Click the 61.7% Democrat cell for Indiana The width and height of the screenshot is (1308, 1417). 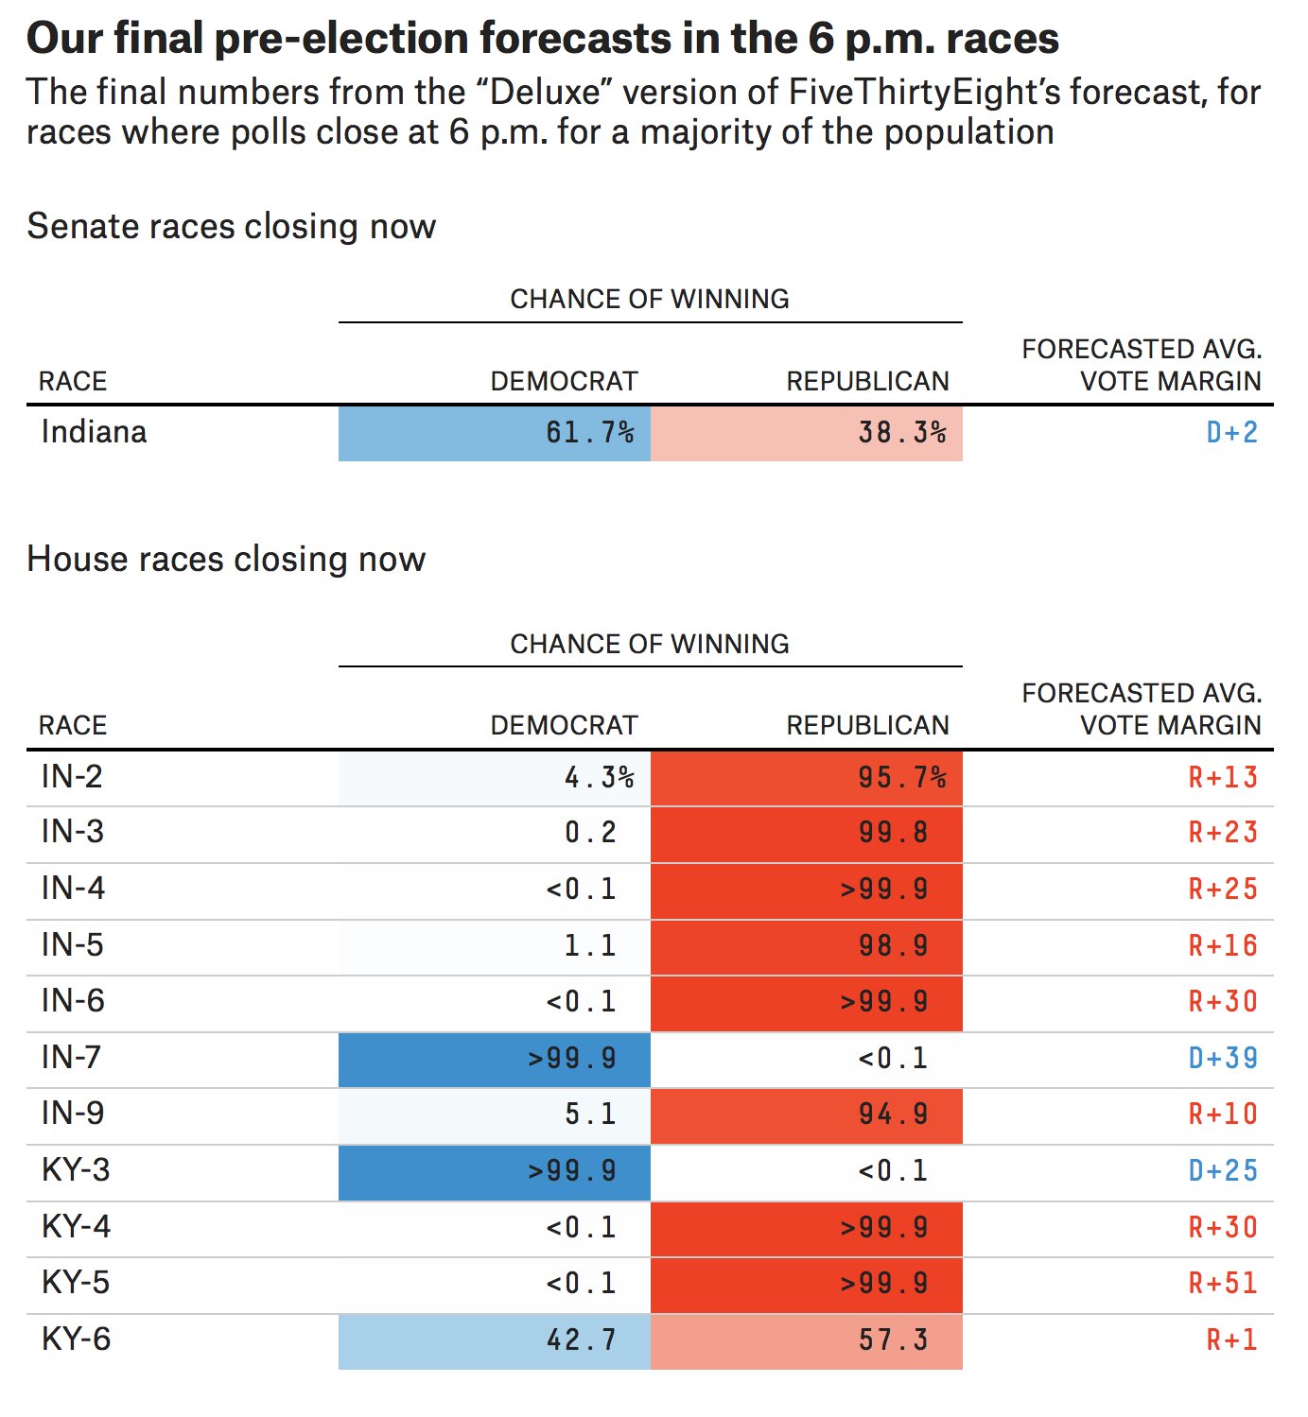point(495,433)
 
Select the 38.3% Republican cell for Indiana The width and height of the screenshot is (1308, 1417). point(807,433)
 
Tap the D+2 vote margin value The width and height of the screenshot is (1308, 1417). point(1231,433)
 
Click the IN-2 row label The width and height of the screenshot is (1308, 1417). point(72,777)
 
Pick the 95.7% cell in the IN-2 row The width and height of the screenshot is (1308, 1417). point(807,778)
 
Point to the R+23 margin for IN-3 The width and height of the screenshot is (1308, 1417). point(1223,833)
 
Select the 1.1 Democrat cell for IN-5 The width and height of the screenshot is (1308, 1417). point(495,945)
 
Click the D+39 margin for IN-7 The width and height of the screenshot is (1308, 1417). point(1223,1058)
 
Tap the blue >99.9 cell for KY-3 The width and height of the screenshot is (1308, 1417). point(495,1170)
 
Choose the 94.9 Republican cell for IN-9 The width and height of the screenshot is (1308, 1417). point(807,1115)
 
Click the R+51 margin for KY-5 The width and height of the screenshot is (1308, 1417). point(1223,1283)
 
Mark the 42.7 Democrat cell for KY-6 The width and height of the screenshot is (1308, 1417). point(495,1339)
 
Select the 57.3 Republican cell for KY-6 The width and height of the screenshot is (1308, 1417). point(807,1339)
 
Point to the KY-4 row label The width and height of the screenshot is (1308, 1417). point(77,1227)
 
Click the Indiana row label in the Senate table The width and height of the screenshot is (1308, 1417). point(95,432)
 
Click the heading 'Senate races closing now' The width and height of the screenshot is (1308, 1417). point(232,227)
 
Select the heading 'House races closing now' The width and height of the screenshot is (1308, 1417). point(226,559)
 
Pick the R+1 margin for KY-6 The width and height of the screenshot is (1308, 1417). point(1231,1339)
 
